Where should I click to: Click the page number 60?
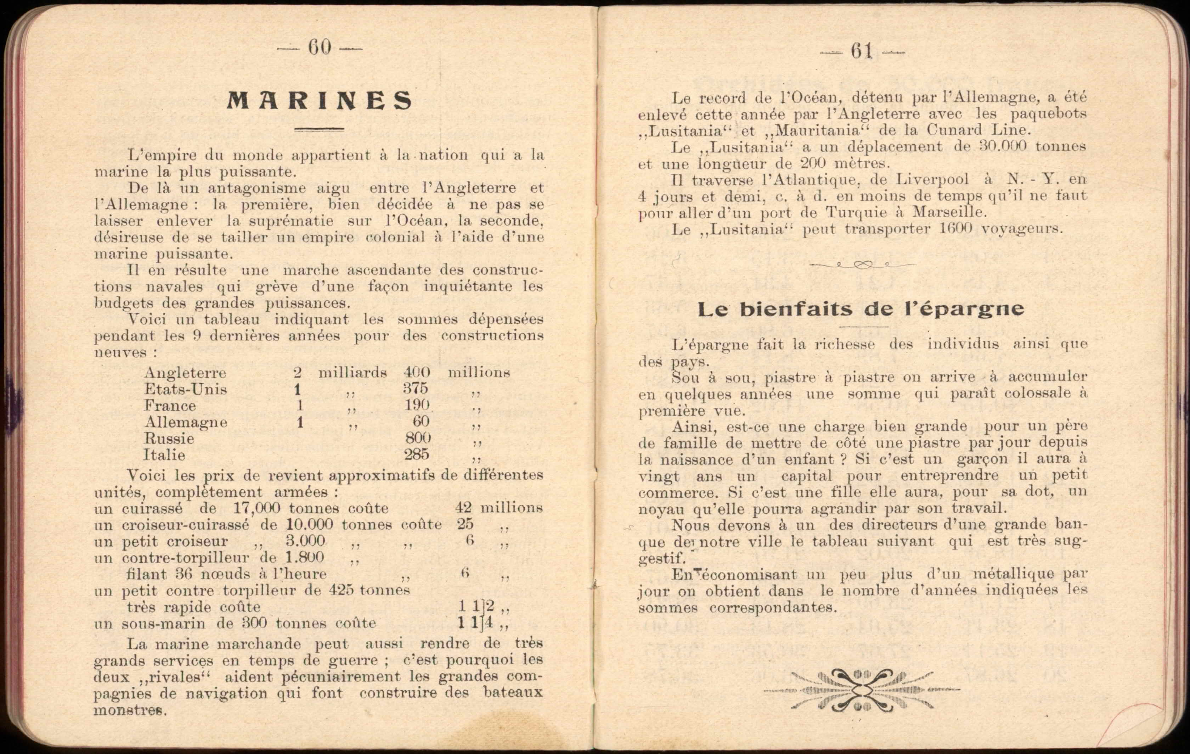point(319,48)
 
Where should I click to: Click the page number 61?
point(862,51)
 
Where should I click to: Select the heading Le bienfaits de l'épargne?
point(861,309)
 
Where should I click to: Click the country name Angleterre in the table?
point(185,373)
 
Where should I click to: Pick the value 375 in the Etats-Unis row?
point(415,388)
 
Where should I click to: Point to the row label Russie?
point(169,439)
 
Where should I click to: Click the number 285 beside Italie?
point(417,454)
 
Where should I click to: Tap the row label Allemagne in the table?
point(186,422)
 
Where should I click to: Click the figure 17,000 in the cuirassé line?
point(257,508)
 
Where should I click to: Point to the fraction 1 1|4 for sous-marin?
point(475,622)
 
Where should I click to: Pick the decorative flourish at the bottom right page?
point(862,690)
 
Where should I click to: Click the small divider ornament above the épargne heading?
point(862,265)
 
